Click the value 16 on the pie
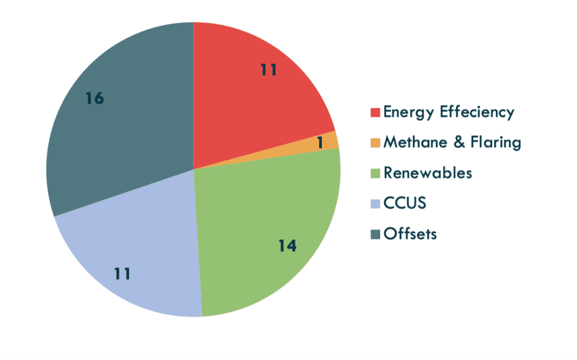click(95, 99)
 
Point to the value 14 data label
click(287, 246)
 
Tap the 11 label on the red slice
click(268, 70)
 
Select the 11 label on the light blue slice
click(122, 273)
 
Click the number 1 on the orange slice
click(320, 142)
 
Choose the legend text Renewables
click(428, 172)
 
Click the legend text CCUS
click(404, 203)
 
